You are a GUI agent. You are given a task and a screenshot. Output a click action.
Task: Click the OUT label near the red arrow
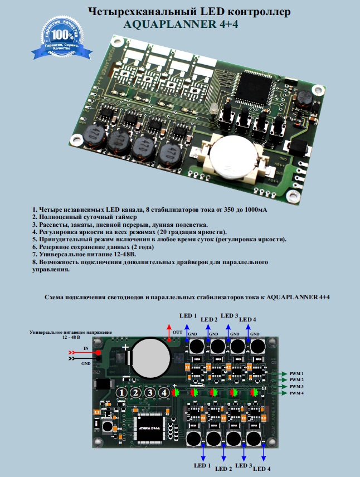click(177, 333)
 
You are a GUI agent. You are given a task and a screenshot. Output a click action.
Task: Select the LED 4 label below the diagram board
click(261, 469)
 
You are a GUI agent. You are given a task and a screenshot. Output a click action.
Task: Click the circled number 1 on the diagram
click(121, 393)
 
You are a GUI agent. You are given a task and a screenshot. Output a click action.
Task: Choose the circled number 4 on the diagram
click(163, 393)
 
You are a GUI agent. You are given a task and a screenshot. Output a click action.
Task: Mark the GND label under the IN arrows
click(86, 363)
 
